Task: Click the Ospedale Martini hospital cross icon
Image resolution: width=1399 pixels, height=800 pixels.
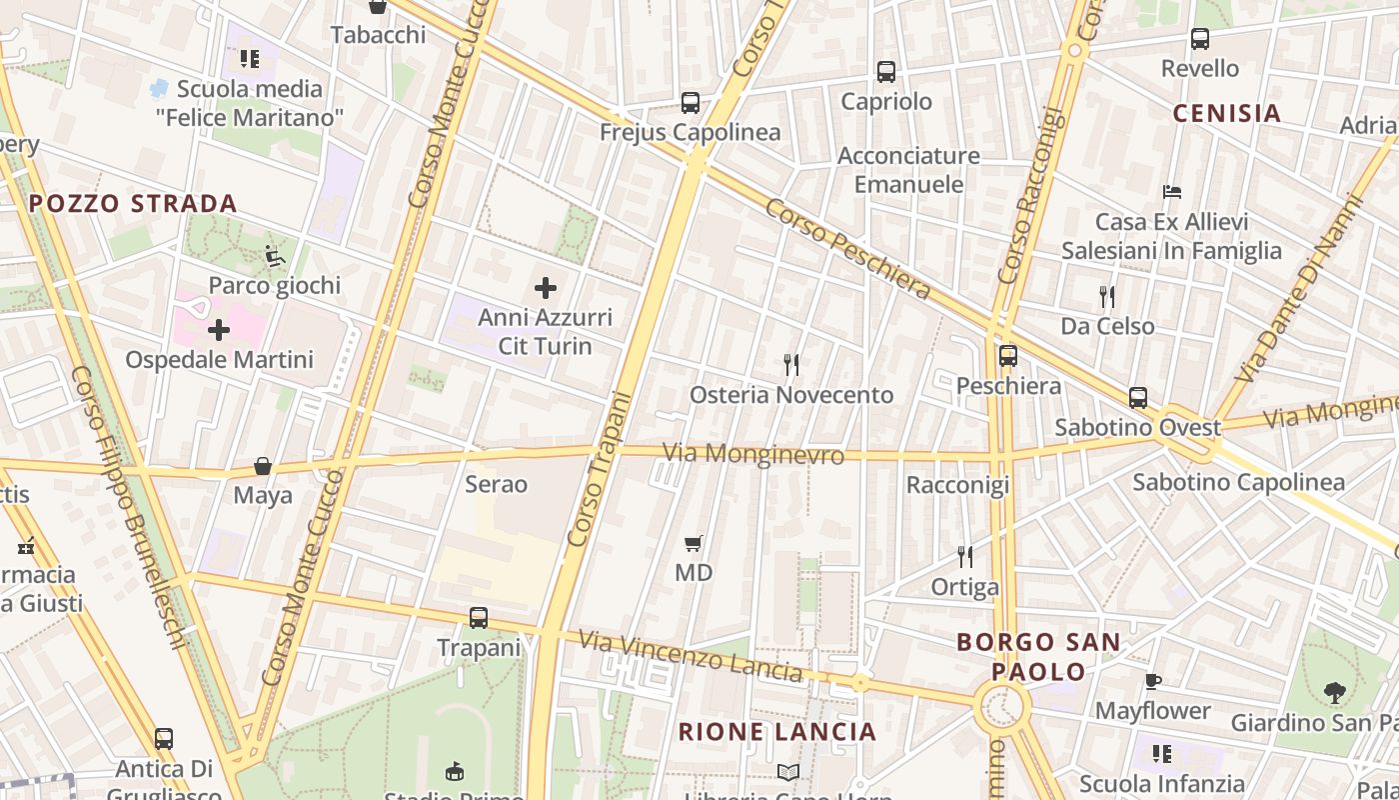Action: click(219, 330)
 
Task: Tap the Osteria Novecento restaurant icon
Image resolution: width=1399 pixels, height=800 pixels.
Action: click(791, 364)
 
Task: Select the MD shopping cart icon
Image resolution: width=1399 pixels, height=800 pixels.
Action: click(694, 543)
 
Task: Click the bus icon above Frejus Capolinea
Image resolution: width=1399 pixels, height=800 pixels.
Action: click(690, 102)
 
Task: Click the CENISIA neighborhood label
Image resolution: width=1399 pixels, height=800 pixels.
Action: click(1226, 113)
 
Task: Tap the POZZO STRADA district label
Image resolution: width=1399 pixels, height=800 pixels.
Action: click(133, 204)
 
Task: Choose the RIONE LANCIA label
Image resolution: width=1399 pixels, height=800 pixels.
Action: click(777, 732)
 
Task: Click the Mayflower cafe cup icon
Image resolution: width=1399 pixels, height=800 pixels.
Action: click(1152, 681)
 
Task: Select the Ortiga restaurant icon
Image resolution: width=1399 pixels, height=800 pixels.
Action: click(964, 556)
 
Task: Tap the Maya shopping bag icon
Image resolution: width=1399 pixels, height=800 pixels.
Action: click(263, 466)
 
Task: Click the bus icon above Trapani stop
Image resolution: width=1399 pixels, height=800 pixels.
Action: click(479, 618)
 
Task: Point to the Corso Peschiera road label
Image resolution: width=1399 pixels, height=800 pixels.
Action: click(848, 249)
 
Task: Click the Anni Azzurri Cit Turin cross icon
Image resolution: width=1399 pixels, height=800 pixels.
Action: click(545, 288)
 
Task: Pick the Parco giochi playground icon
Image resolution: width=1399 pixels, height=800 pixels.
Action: click(274, 256)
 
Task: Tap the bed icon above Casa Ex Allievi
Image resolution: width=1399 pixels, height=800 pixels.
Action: click(1172, 191)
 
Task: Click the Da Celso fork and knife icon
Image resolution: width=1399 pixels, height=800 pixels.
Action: click(1106, 296)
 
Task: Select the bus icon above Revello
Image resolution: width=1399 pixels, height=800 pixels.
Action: click(1200, 39)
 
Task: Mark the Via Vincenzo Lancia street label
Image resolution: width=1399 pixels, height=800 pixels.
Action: click(691, 656)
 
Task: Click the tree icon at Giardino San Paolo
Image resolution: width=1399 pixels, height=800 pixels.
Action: click(1334, 692)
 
